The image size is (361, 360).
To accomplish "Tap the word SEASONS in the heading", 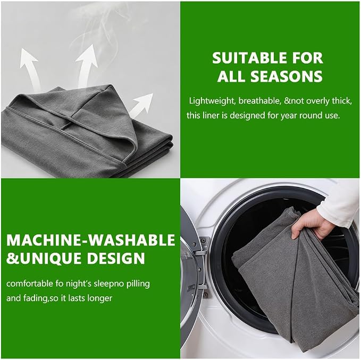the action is (x=287, y=76).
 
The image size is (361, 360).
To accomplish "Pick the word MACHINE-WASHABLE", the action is (x=91, y=240).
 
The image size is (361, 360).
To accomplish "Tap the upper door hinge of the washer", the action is (x=202, y=246).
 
